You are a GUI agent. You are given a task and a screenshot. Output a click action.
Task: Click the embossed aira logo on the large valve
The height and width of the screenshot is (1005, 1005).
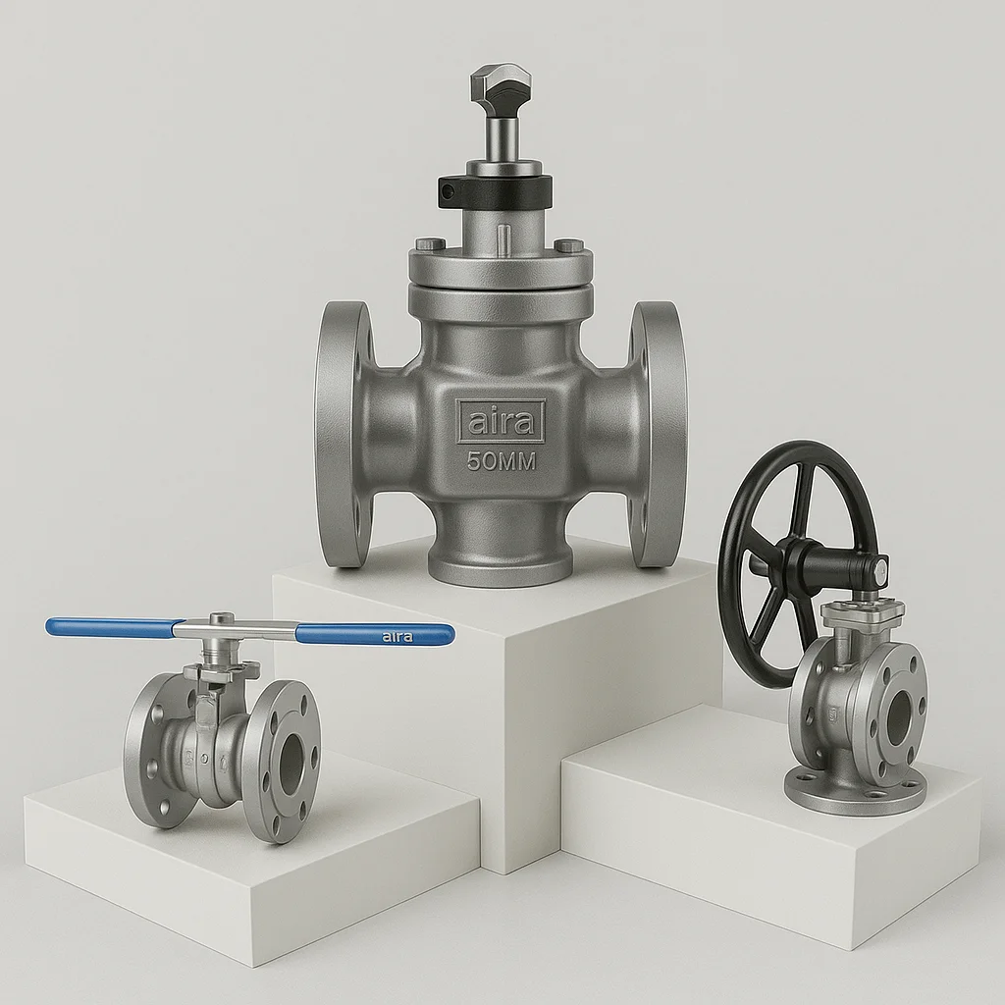tap(501, 421)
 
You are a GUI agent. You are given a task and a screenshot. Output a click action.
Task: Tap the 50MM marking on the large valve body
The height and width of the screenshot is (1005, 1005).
tap(502, 461)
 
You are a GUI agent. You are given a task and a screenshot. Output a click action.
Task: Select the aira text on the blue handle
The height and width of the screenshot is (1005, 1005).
tap(397, 637)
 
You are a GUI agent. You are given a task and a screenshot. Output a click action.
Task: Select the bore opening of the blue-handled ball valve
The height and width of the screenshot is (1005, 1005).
tap(291, 761)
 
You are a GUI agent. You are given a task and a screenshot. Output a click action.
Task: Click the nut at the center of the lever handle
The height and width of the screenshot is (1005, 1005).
tap(222, 619)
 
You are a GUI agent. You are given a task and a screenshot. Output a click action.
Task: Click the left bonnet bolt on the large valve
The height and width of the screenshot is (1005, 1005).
tap(425, 244)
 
